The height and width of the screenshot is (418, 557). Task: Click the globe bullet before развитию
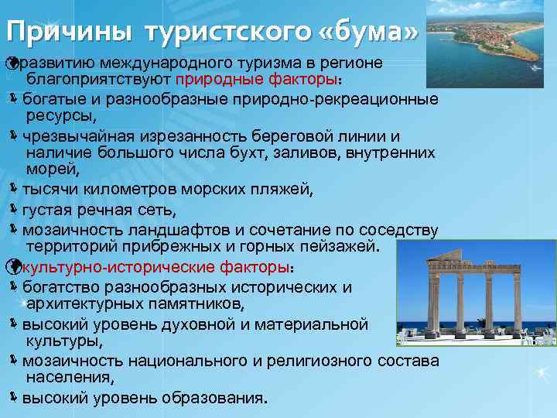10,61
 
